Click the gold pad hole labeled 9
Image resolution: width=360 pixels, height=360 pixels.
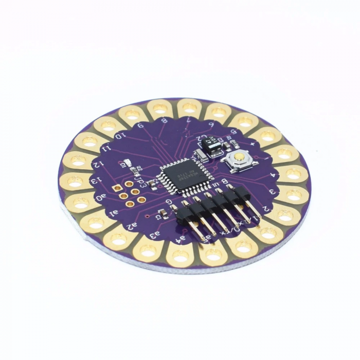(133, 114)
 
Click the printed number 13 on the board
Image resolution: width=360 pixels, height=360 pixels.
(95, 182)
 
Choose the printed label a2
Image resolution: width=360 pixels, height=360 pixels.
(132, 225)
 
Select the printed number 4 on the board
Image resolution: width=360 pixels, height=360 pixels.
(271, 174)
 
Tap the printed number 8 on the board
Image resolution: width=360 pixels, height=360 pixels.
(164, 122)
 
